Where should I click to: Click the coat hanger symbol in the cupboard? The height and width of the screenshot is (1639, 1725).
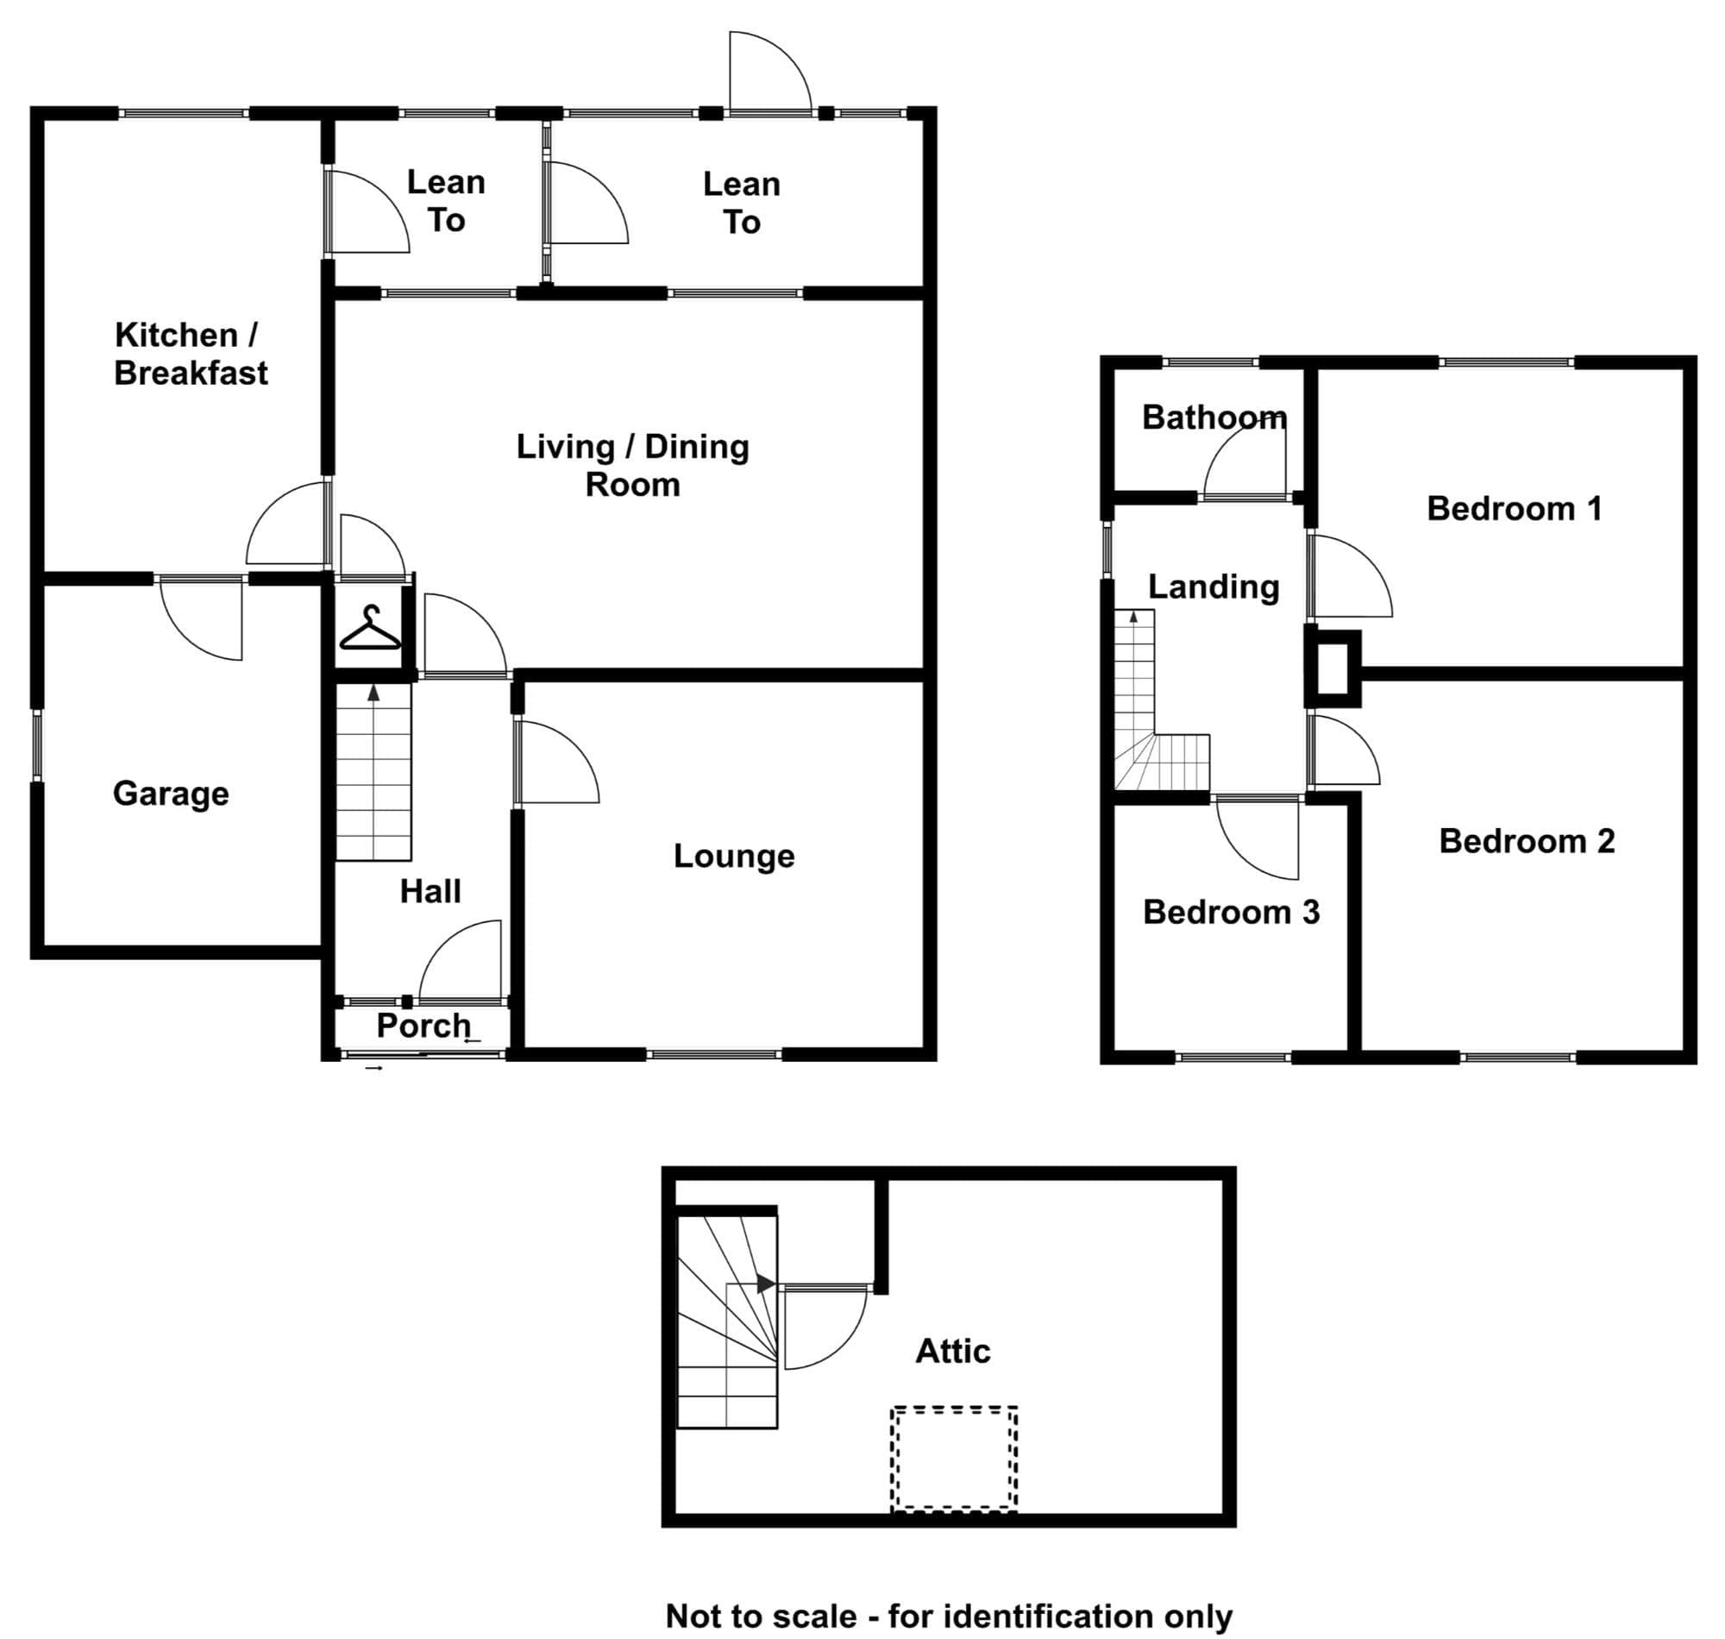tap(370, 628)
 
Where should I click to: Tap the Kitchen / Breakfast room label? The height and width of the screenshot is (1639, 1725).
tap(191, 354)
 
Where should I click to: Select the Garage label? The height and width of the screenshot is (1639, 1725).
tap(171, 794)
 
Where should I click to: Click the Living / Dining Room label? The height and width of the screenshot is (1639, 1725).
tap(632, 465)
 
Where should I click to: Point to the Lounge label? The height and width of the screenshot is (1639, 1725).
tap(734, 857)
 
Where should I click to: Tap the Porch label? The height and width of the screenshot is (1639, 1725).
tap(423, 1026)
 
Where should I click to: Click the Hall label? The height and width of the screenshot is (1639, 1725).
tap(430, 891)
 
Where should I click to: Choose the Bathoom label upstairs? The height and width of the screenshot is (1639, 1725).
tap(1214, 418)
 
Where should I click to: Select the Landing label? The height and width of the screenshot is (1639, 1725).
tap(1214, 587)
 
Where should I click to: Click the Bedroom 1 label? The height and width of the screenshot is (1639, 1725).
tap(1515, 508)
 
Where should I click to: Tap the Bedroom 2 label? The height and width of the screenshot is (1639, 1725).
tap(1527, 841)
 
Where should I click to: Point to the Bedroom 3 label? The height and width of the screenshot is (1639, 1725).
tap(1231, 912)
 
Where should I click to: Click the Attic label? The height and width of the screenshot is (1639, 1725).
tap(953, 1352)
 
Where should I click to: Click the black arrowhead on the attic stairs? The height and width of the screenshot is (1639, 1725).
tap(765, 1284)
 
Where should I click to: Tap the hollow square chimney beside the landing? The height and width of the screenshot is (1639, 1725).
tap(1333, 669)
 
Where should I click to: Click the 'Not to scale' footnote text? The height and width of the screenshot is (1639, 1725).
tap(949, 1617)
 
